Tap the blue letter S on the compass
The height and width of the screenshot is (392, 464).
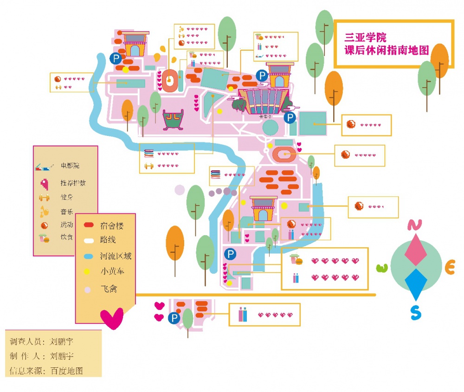click(x=416, y=313)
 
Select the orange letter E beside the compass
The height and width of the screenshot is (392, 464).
click(x=450, y=267)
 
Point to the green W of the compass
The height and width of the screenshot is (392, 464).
click(x=382, y=268)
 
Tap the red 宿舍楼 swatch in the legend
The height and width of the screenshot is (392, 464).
click(x=89, y=225)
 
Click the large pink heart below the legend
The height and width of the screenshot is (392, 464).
click(x=112, y=318)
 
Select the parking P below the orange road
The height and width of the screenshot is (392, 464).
click(x=174, y=318)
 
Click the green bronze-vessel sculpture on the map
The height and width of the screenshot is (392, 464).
click(x=173, y=120)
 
